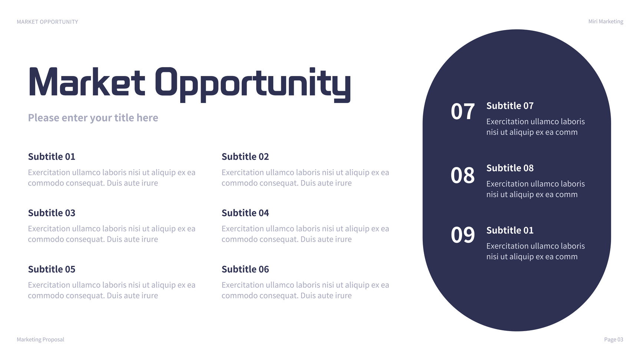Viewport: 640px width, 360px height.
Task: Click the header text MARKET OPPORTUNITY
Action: pyautogui.click(x=47, y=22)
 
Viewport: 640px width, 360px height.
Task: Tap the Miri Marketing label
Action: pyautogui.click(x=606, y=22)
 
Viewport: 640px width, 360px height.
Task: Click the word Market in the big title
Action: pyautogui.click(x=87, y=82)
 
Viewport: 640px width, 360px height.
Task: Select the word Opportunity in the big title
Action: pyautogui.click(x=253, y=85)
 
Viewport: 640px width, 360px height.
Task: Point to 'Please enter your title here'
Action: pyautogui.click(x=93, y=118)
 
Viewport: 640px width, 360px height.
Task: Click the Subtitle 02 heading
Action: pyautogui.click(x=245, y=157)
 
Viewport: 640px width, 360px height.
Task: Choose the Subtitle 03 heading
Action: pyautogui.click(x=52, y=213)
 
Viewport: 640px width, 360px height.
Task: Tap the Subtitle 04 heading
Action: pyautogui.click(x=245, y=213)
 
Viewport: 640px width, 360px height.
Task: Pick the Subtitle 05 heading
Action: pyautogui.click(x=52, y=270)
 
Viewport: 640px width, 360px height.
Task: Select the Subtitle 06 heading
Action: pyautogui.click(x=245, y=270)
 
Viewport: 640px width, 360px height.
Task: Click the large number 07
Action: pyautogui.click(x=462, y=112)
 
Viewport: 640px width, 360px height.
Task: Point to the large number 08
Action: pyautogui.click(x=462, y=175)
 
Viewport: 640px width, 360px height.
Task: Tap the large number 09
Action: pyautogui.click(x=462, y=235)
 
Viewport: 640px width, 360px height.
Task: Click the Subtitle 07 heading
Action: pyautogui.click(x=510, y=106)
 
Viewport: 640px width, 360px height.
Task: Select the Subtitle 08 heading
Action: pyautogui.click(x=510, y=168)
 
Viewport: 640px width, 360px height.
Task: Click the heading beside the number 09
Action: pyautogui.click(x=510, y=231)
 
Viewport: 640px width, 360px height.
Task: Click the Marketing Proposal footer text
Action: pyautogui.click(x=40, y=340)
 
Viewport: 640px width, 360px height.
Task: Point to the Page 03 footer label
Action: pyautogui.click(x=613, y=340)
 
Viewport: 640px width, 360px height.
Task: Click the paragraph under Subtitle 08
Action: pyautogui.click(x=535, y=189)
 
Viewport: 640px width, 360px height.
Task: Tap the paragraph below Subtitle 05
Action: pyautogui.click(x=112, y=290)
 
